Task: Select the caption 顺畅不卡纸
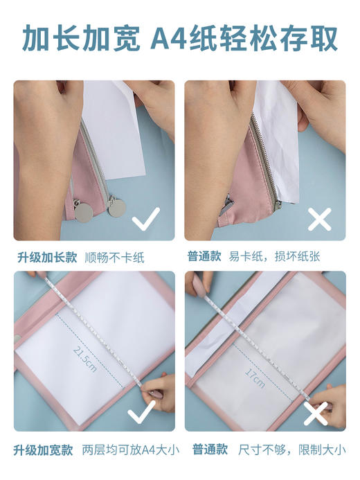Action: [115, 257]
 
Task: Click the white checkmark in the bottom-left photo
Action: [143, 414]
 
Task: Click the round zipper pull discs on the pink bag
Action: [100, 207]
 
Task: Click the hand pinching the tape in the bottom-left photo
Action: [159, 392]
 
